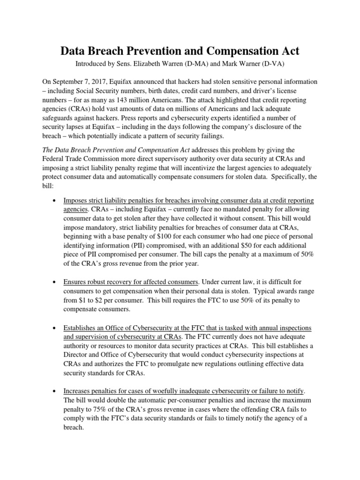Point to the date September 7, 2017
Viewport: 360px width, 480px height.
click(88, 82)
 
